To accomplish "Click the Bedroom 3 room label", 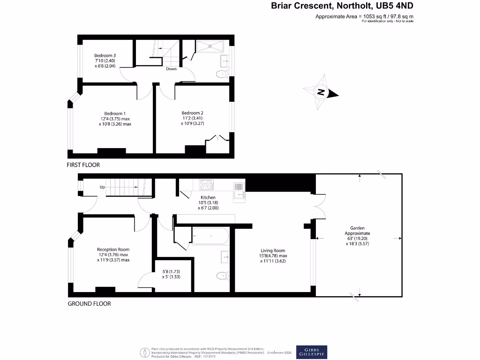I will tap(105, 56).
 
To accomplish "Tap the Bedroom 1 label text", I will tap(115, 113).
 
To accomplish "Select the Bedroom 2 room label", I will tap(192, 113).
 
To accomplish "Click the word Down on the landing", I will tap(171, 69).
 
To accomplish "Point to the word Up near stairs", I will tap(102, 187).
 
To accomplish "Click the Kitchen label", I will tap(208, 198).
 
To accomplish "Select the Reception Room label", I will tap(113, 249).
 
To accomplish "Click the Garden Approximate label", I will tap(358, 230).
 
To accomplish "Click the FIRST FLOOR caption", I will tap(84, 165).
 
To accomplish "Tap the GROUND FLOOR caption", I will tap(90, 304).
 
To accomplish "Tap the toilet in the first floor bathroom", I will tap(220, 74).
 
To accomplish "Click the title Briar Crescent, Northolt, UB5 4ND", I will tap(343, 6).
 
